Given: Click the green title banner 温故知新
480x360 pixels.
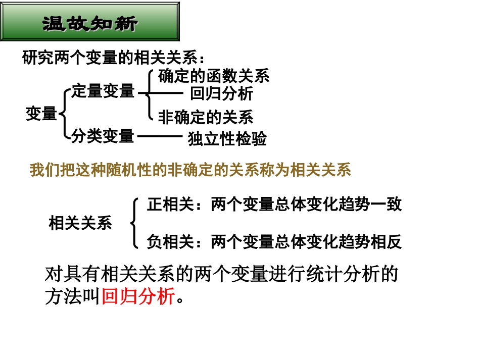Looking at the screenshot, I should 90,22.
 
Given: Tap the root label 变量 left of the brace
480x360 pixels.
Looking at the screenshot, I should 41,114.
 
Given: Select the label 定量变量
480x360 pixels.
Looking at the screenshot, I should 103,91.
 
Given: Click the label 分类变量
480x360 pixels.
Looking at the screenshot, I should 103,136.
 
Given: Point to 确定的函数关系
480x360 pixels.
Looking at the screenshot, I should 214,76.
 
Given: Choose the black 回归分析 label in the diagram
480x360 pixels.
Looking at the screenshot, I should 222,94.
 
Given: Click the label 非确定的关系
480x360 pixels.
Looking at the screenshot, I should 206,118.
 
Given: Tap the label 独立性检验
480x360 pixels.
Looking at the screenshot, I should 227,139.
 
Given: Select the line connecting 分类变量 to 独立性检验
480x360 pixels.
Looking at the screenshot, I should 160,136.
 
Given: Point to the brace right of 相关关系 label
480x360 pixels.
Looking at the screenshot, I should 134,223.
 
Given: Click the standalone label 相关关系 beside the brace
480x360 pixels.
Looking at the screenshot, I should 80,223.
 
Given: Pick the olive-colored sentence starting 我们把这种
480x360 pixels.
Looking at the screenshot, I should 190,170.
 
